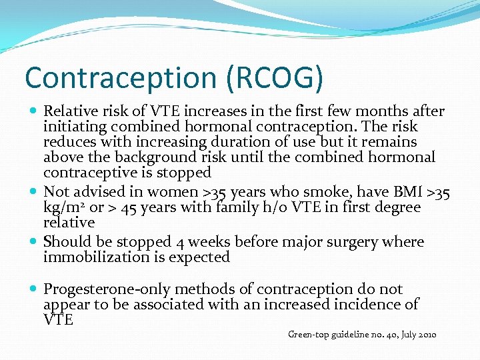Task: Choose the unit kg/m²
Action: coord(64,208)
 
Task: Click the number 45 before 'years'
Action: coord(130,208)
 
